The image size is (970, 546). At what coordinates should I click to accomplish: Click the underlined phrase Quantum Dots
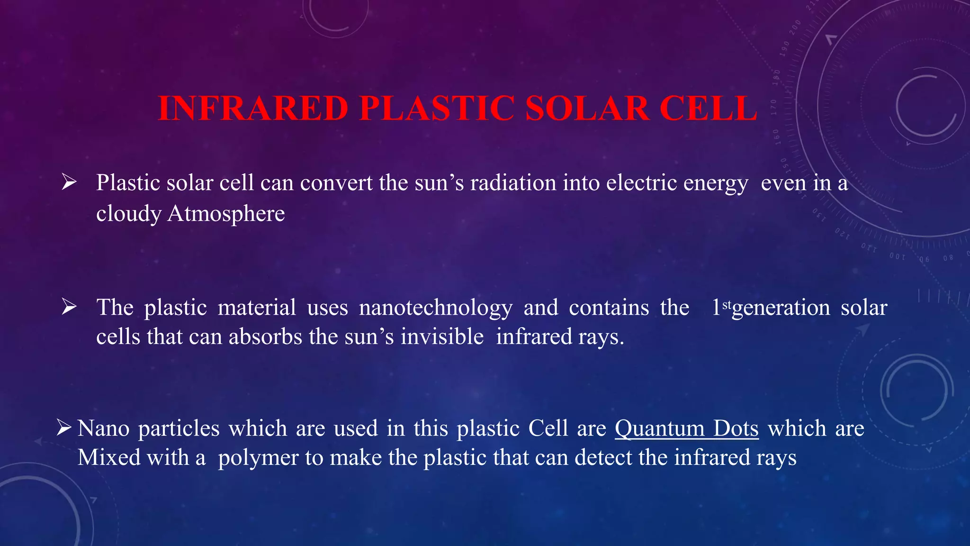[686, 428]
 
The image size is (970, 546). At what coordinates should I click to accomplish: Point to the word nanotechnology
[435, 308]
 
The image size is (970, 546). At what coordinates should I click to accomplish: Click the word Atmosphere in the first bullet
[226, 213]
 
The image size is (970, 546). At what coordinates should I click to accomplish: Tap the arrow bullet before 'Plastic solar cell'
[69, 182]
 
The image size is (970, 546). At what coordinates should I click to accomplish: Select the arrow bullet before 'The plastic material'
[69, 308]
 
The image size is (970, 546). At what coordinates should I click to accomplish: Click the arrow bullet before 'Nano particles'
[63, 428]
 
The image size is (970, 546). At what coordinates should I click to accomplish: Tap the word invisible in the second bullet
[442, 337]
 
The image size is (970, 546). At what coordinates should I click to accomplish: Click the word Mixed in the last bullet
[109, 458]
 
